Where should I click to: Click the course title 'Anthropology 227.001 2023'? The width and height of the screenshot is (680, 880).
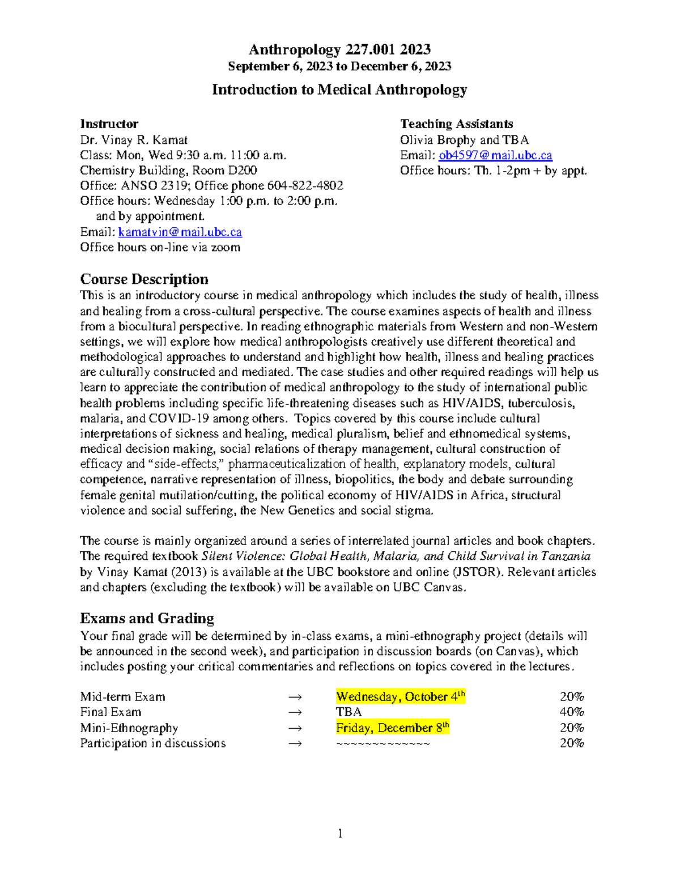click(339, 50)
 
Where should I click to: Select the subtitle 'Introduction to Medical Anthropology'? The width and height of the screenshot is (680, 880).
click(339, 90)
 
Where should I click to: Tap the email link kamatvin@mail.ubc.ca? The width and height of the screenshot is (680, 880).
click(180, 232)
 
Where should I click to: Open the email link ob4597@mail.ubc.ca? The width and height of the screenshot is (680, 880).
click(495, 155)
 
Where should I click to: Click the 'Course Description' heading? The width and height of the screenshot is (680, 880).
click(144, 279)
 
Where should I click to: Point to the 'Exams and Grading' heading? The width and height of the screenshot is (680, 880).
click(147, 618)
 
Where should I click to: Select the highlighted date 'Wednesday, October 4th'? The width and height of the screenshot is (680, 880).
click(400, 696)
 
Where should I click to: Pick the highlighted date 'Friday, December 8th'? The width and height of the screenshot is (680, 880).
click(392, 728)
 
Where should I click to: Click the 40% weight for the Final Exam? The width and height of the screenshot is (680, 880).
click(571, 712)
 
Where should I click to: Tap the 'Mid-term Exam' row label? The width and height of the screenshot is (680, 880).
click(122, 697)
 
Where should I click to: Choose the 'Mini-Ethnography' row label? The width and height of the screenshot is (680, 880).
click(129, 728)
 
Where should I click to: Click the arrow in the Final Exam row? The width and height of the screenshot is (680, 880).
click(295, 712)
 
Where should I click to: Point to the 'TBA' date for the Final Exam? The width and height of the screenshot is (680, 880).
click(348, 712)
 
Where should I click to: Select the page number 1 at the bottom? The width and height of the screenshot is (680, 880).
click(340, 833)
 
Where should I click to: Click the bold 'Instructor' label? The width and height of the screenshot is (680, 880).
click(109, 124)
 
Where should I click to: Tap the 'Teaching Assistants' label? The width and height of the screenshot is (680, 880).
click(456, 124)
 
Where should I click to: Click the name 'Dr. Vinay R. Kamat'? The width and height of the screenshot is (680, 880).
click(133, 140)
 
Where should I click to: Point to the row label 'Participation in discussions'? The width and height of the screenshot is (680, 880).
click(152, 743)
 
